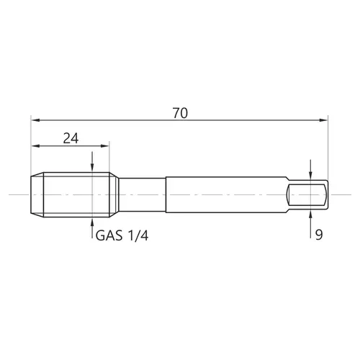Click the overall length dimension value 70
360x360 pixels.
click(x=180, y=113)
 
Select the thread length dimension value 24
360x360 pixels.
click(x=71, y=138)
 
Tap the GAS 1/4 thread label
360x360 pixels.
click(x=122, y=235)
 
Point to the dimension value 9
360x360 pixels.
click(x=319, y=235)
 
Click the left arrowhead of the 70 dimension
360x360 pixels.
click(x=35, y=120)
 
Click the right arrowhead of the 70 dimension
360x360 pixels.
click(x=323, y=120)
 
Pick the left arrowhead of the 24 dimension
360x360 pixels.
click(x=35, y=146)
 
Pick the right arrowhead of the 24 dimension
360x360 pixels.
click(x=105, y=146)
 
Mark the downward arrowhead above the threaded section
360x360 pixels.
click(x=92, y=168)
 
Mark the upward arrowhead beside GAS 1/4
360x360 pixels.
click(x=92, y=222)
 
